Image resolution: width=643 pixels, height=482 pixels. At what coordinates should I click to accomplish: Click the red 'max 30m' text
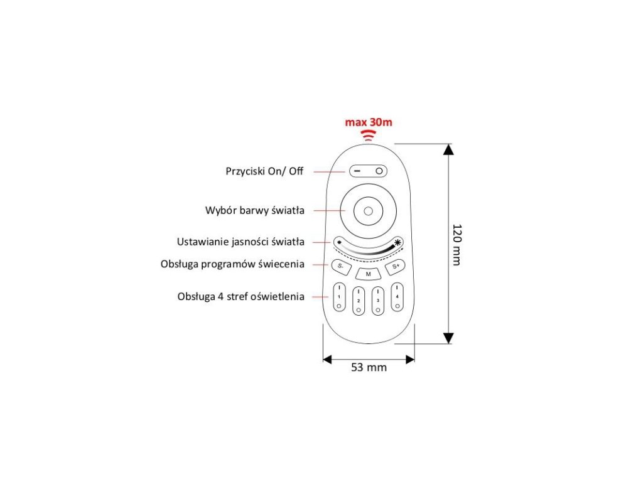pyautogui.click(x=369, y=122)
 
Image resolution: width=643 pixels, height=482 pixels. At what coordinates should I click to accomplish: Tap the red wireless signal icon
pyautogui.click(x=369, y=136)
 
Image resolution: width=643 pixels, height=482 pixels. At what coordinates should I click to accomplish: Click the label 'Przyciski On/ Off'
pyautogui.click(x=264, y=171)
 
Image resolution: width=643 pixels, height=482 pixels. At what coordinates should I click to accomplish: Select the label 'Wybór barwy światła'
pyautogui.click(x=255, y=210)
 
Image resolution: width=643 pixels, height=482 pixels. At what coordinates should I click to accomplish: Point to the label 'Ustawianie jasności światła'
pyautogui.click(x=241, y=242)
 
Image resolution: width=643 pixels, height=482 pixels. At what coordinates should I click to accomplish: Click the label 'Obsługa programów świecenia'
pyautogui.click(x=233, y=264)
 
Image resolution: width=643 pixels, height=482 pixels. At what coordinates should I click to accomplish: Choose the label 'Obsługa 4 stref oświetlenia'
pyautogui.click(x=241, y=296)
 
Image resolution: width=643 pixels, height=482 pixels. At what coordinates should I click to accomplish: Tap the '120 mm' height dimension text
pyautogui.click(x=457, y=244)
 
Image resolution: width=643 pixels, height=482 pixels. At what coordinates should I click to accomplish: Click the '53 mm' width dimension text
pyautogui.click(x=369, y=368)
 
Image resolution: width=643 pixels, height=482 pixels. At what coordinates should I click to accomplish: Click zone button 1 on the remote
pyautogui.click(x=339, y=297)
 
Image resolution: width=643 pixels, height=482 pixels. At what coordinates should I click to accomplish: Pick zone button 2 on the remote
pyautogui.click(x=359, y=301)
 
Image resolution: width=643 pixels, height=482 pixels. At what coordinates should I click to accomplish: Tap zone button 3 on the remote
pyautogui.click(x=378, y=301)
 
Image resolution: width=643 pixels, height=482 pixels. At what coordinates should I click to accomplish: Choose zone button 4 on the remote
pyautogui.click(x=397, y=297)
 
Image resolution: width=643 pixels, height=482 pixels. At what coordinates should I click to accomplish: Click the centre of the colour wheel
pyautogui.click(x=369, y=210)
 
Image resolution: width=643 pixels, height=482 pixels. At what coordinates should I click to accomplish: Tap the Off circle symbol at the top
pyautogui.click(x=379, y=171)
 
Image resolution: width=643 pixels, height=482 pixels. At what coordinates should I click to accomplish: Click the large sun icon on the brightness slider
pyautogui.click(x=397, y=243)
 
